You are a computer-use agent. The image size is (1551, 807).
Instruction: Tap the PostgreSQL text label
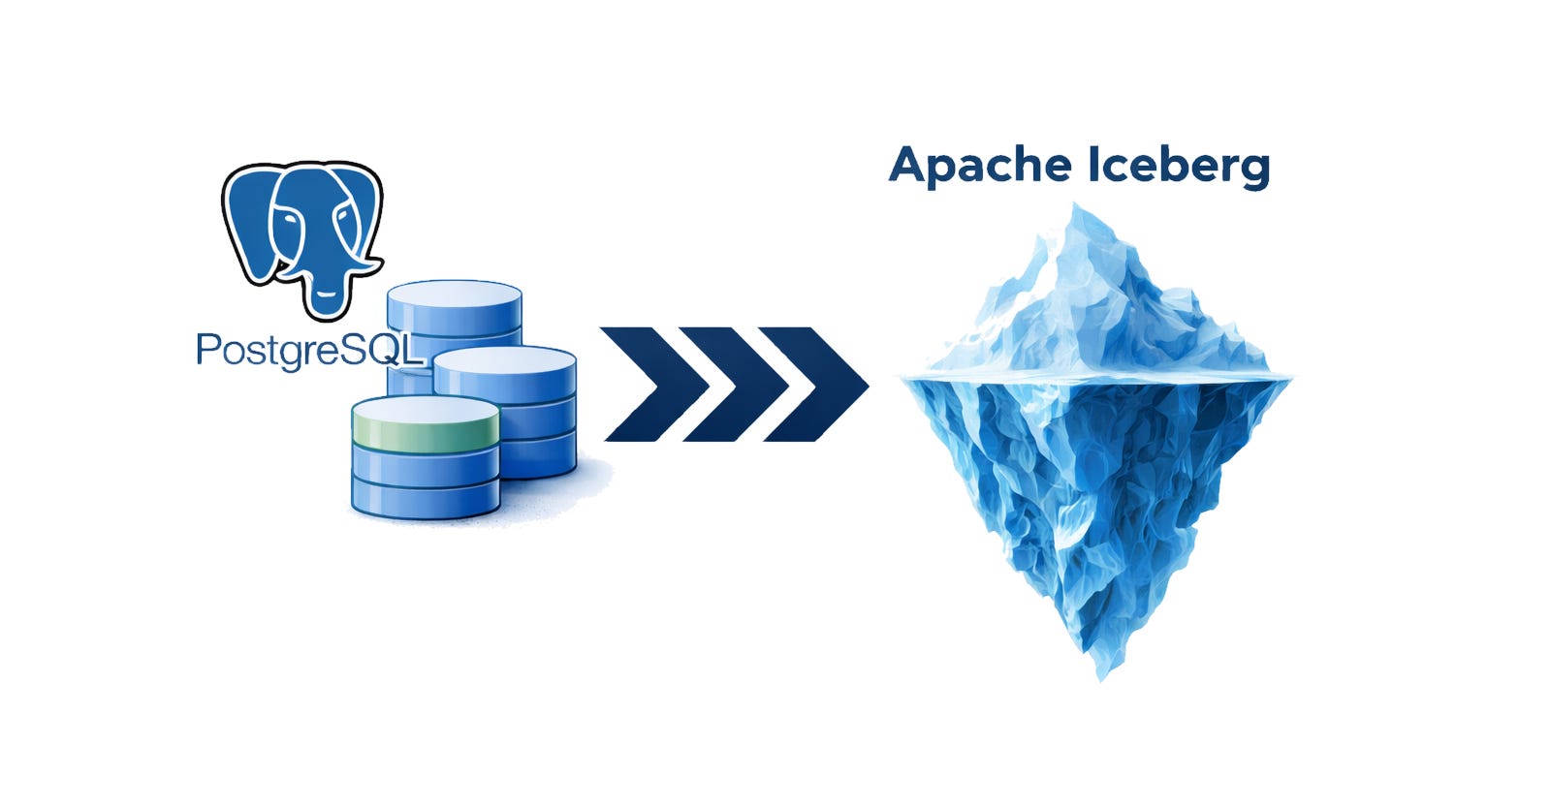click(x=308, y=350)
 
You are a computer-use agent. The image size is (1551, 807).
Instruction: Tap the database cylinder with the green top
click(x=426, y=456)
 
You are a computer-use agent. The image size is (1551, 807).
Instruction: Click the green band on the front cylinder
click(x=426, y=426)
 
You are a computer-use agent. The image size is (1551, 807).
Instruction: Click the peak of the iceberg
click(x=1075, y=209)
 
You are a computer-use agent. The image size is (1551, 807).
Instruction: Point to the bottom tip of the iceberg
click(x=1099, y=674)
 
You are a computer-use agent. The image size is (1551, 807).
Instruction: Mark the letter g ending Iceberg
click(x=1253, y=170)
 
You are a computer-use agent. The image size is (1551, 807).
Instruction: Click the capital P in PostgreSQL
click(x=206, y=349)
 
